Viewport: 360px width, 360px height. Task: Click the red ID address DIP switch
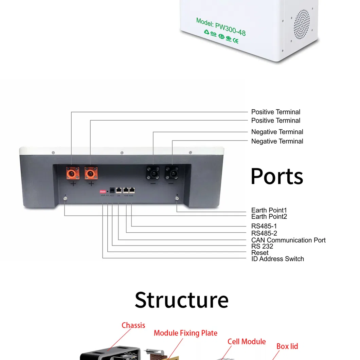point(103,192)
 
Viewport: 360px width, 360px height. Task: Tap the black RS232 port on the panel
point(112,191)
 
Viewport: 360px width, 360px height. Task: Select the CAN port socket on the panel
point(119,191)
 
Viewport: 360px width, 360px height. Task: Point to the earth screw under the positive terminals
point(65,198)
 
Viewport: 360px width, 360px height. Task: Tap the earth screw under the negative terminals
point(177,198)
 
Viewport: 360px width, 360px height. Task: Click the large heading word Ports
point(276,176)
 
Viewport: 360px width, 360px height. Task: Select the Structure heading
point(181,300)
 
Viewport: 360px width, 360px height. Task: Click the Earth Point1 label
point(269,211)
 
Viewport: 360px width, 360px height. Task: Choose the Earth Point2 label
point(269,217)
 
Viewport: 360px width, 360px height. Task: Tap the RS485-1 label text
point(264,226)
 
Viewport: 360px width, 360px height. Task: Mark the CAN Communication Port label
point(288,240)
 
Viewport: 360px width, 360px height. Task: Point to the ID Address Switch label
point(277,259)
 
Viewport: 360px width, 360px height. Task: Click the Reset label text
point(260,253)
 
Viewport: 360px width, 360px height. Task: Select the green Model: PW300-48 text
point(221,27)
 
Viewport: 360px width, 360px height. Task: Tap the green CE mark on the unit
point(235,41)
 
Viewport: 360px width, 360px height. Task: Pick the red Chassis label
point(133,325)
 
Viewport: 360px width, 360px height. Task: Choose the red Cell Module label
point(247,341)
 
